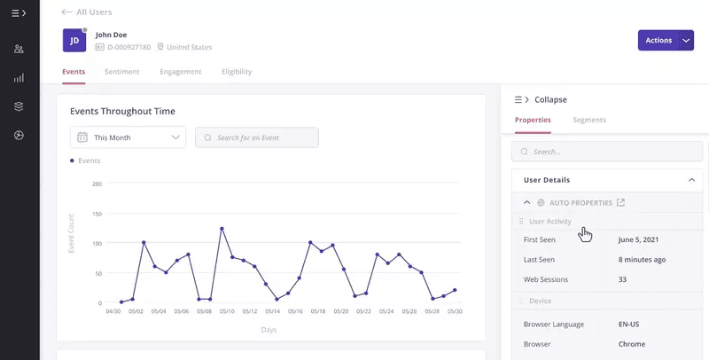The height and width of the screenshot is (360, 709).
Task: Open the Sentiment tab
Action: coord(122,72)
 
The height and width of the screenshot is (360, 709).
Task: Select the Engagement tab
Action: coord(180,72)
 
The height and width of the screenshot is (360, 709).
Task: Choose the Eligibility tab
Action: coord(237,72)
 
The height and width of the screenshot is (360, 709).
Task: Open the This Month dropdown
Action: coord(128,137)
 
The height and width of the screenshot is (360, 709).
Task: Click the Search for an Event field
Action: coord(257,137)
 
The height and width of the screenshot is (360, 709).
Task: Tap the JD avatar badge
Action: coord(74,40)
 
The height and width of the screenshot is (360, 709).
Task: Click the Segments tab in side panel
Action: coord(589,120)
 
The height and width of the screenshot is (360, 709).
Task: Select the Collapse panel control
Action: coord(541,99)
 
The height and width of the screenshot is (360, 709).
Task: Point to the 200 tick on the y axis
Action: coord(97,184)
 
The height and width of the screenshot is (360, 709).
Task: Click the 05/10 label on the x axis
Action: coord(227,311)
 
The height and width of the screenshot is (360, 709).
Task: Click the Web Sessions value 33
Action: coord(623,279)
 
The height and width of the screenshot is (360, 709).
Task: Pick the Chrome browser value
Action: coord(631,343)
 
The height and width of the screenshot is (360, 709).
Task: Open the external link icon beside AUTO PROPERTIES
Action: coord(621,202)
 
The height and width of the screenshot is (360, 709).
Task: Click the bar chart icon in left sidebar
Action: coord(19,78)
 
